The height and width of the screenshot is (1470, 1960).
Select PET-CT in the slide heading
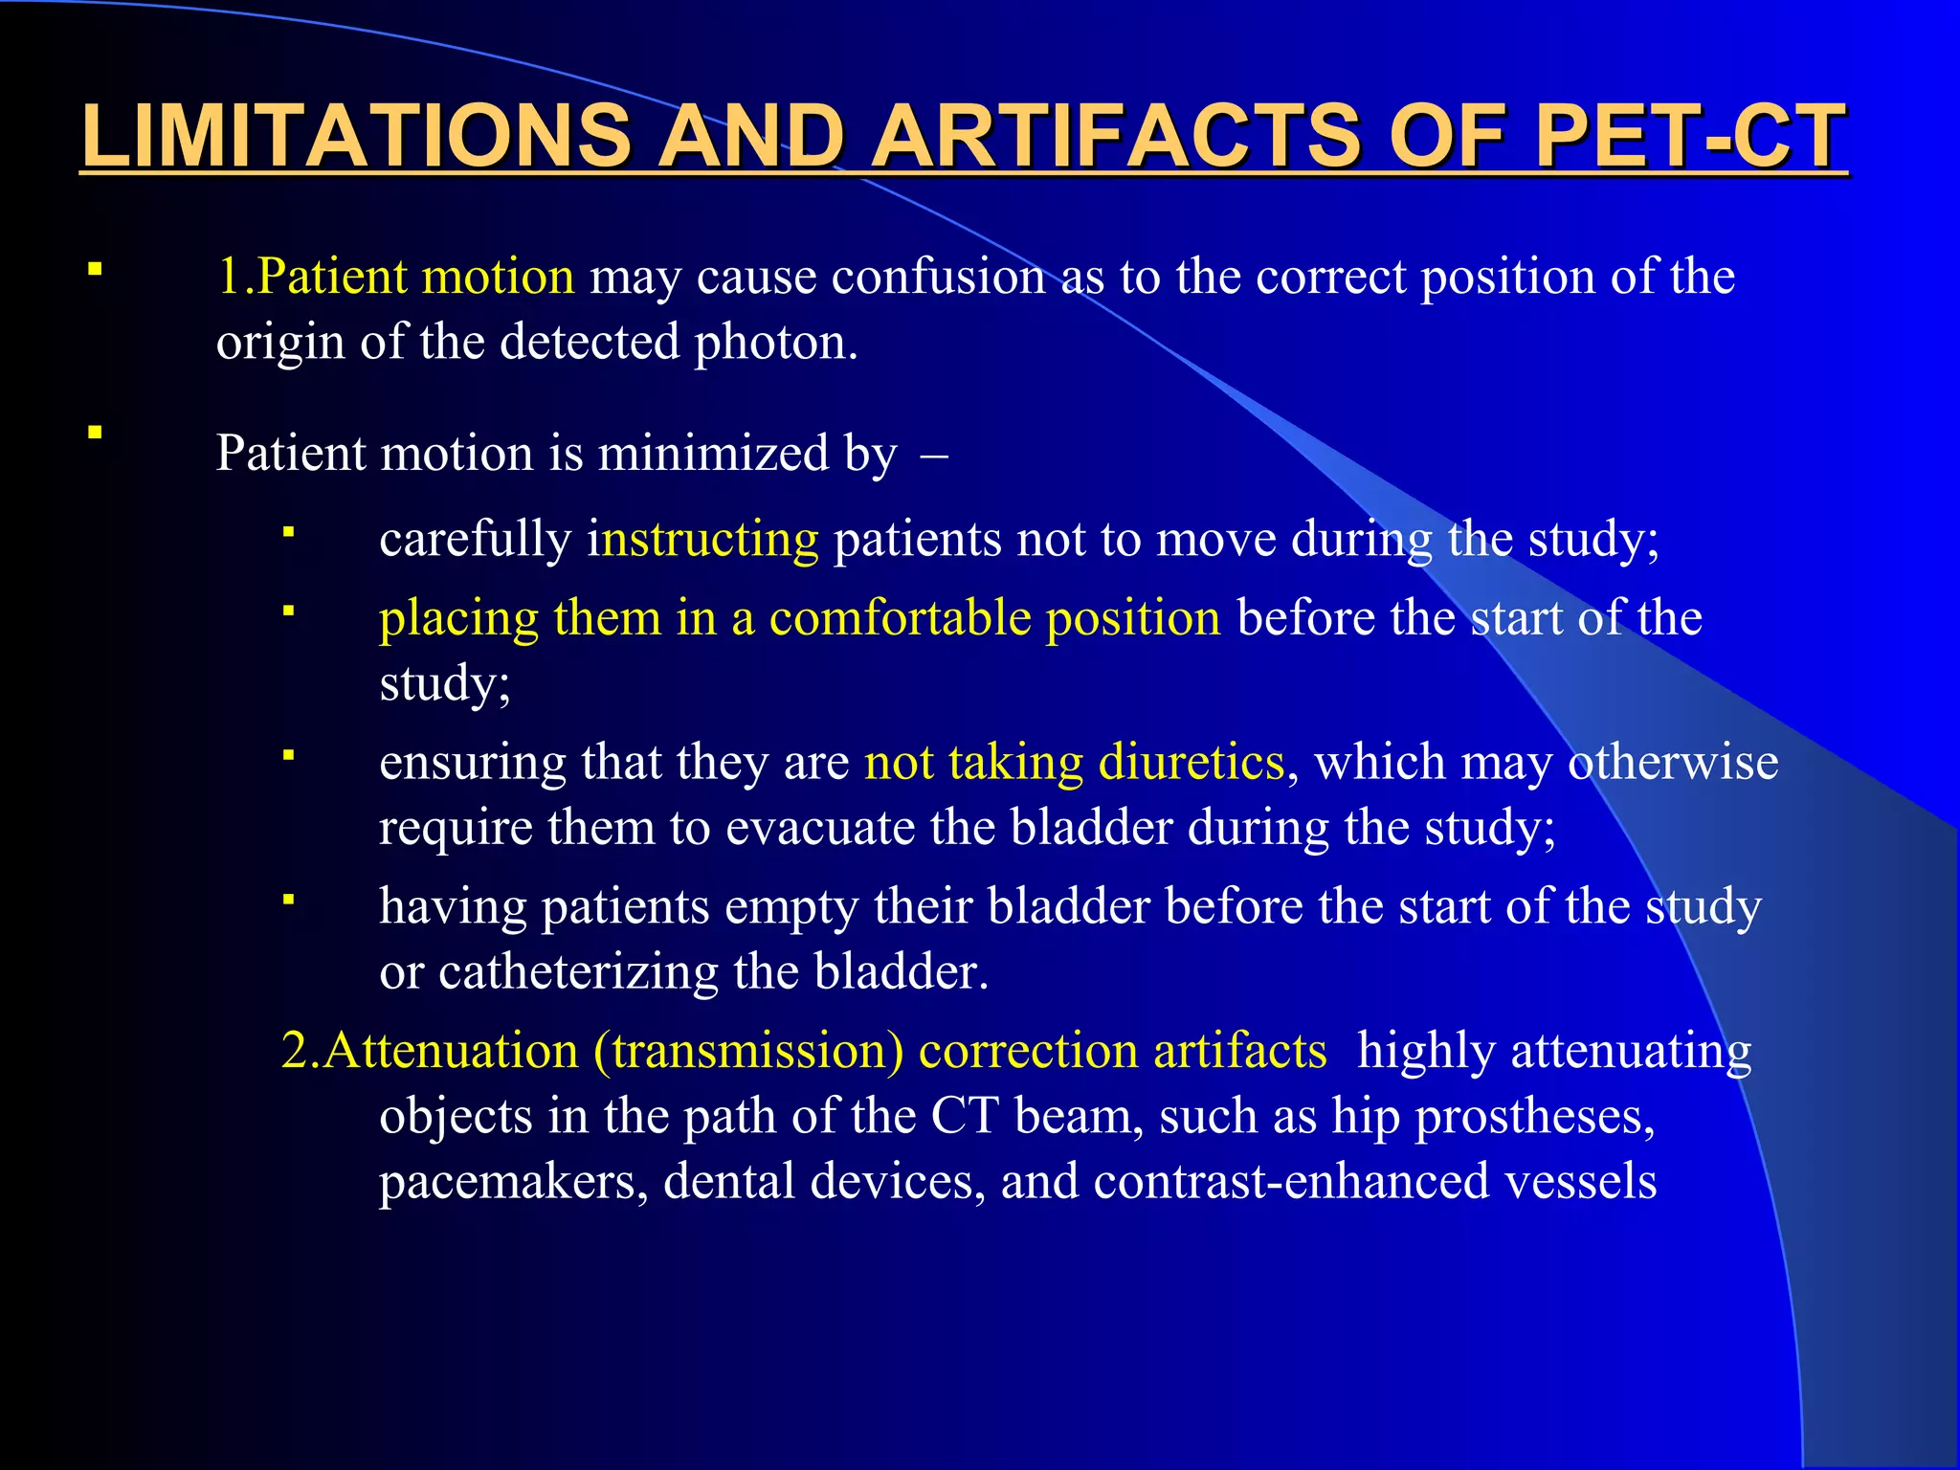click(x=1690, y=136)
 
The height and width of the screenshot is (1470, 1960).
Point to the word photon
click(x=774, y=343)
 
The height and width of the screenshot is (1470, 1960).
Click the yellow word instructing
click(x=703, y=540)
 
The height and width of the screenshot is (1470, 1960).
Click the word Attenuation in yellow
click(x=450, y=1051)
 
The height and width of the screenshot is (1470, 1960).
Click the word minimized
click(x=713, y=454)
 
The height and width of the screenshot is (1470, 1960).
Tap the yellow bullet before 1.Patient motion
click(x=95, y=270)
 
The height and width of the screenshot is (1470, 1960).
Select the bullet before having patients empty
click(x=287, y=899)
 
